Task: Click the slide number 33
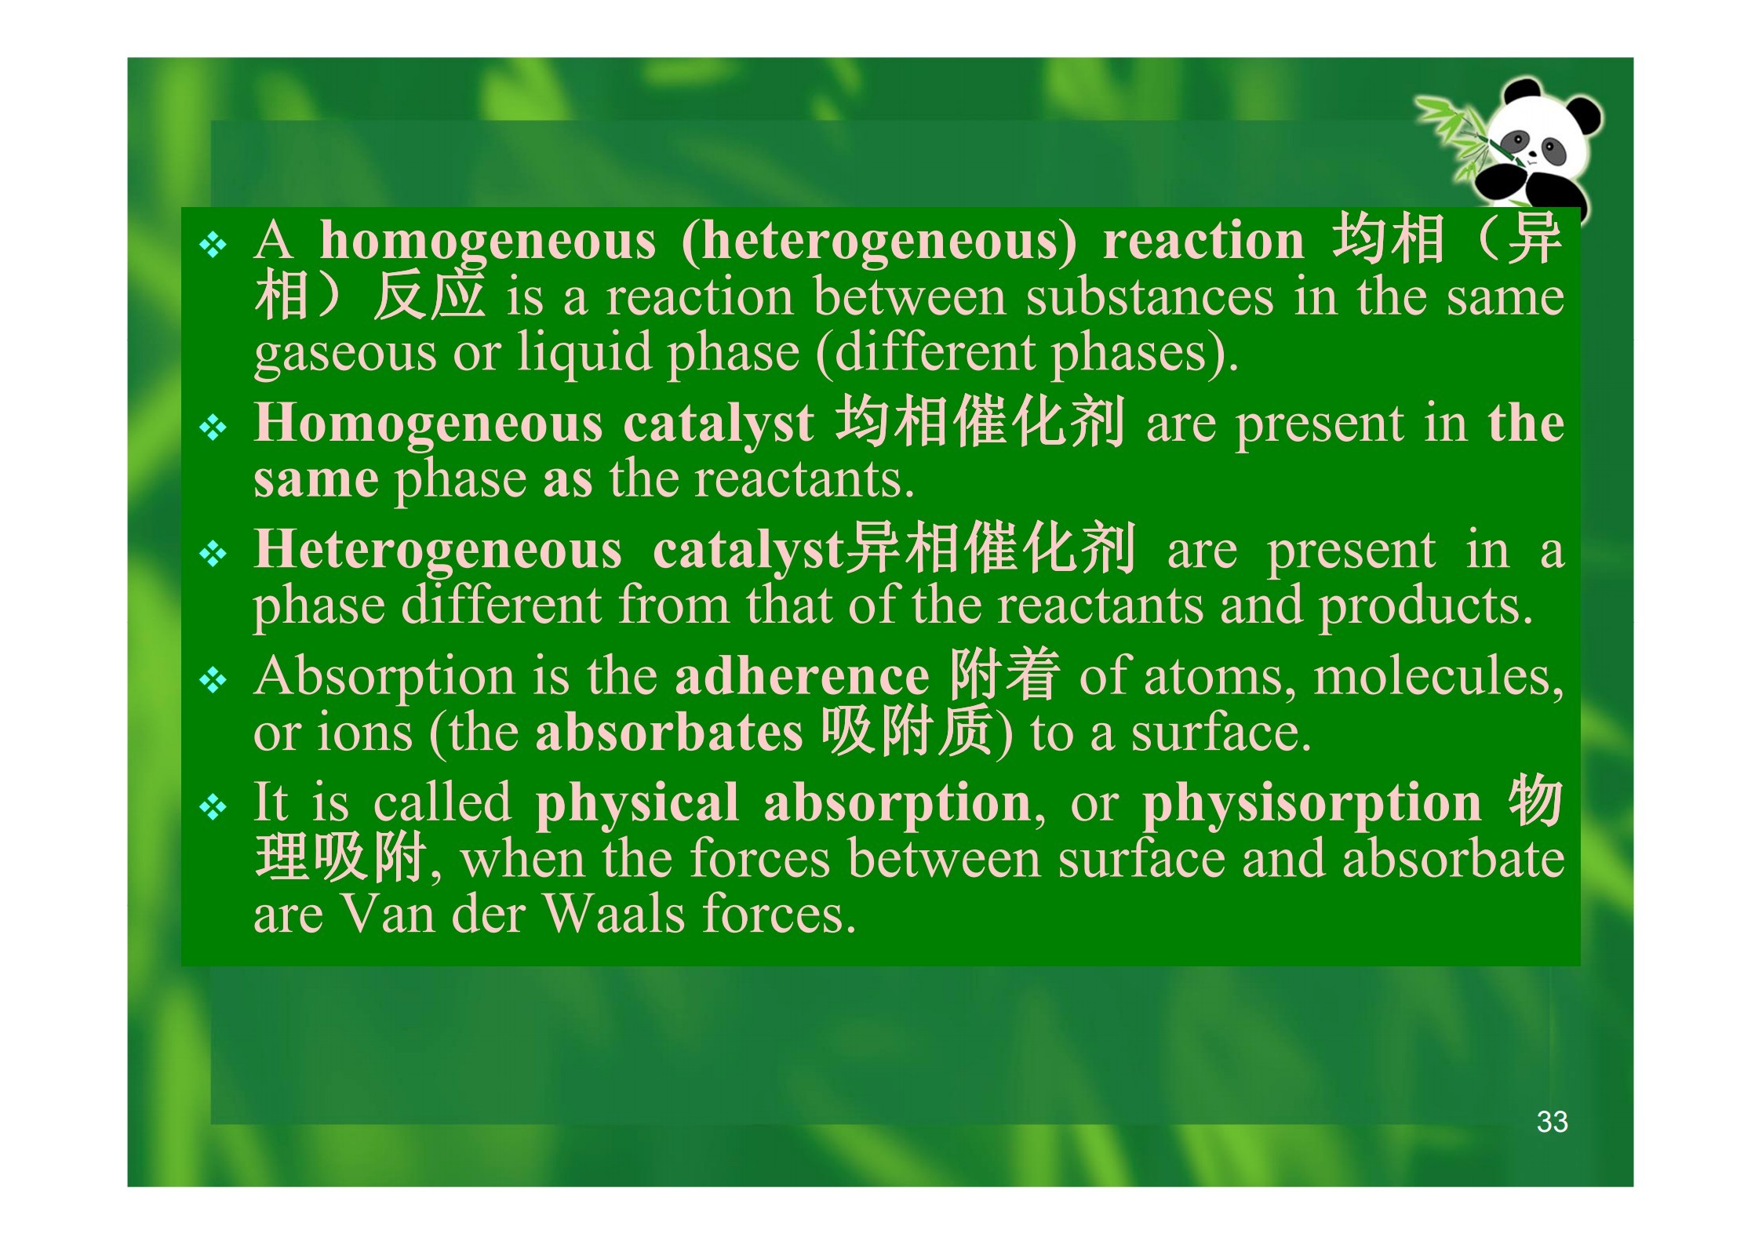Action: click(x=1552, y=1122)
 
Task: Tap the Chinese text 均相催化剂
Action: click(x=981, y=422)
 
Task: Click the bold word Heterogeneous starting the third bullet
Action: click(x=438, y=550)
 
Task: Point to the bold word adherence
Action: click(x=802, y=676)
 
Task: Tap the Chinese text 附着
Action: click(x=1004, y=675)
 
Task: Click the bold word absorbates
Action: click(x=669, y=733)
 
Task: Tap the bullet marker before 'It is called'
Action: click(x=213, y=807)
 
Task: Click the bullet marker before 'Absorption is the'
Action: click(x=213, y=681)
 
